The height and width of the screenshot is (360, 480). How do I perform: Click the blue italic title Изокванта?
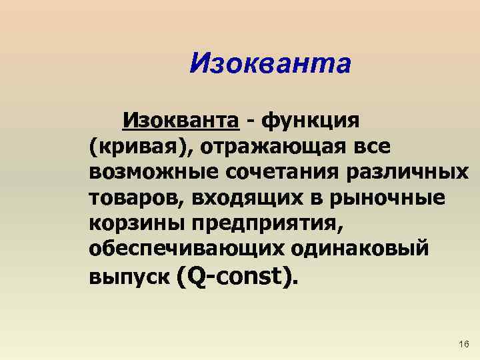(269, 65)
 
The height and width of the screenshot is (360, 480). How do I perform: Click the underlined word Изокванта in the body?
(180, 121)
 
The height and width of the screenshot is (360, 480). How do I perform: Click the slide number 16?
(464, 344)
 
